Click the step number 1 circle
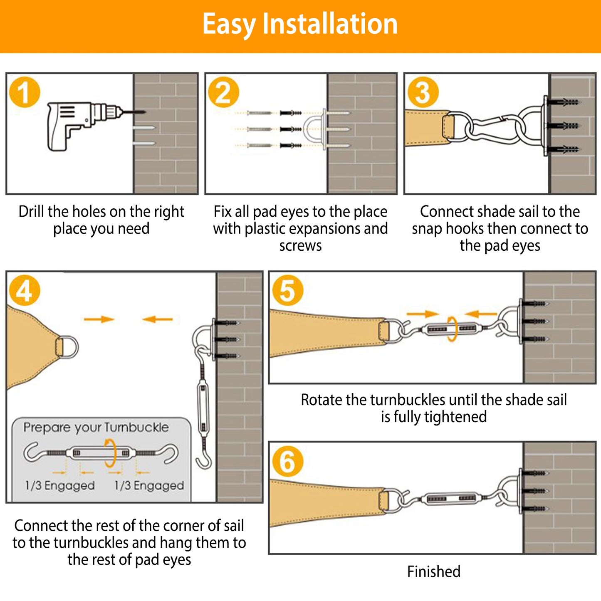coord(24,93)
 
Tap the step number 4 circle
coord(24,290)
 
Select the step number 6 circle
coord(287,461)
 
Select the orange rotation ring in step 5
coord(452,329)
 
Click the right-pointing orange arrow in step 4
coord(99,319)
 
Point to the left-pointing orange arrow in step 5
coord(481,314)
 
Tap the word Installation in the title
coord(330,24)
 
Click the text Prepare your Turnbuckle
coord(96,428)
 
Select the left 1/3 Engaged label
coord(59,485)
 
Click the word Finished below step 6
coord(433,571)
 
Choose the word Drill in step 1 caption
coord(32,212)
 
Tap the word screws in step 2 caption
coord(300,246)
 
